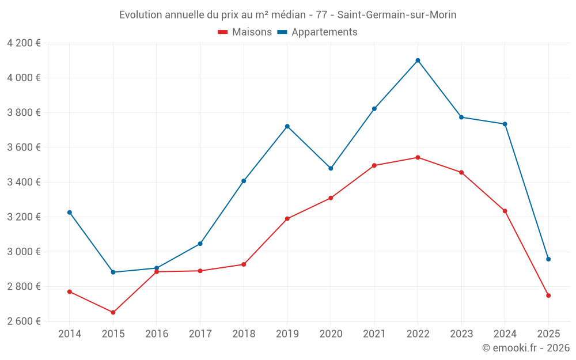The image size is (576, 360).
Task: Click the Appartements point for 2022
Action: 418,60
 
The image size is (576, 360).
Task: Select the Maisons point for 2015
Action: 113,312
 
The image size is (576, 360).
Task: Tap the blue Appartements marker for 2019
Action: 287,126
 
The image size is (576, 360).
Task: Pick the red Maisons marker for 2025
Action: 548,295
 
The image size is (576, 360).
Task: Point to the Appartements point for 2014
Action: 70,213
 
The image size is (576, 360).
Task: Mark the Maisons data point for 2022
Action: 418,157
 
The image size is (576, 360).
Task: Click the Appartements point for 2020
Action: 331,168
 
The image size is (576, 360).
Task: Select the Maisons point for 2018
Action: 244,264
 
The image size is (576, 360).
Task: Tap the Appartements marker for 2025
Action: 548,259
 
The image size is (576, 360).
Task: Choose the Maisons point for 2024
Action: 505,211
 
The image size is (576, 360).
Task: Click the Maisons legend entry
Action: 245,32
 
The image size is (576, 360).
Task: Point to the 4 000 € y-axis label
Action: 24,78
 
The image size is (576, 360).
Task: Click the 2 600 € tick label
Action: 24,321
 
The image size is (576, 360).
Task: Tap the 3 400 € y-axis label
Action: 24,182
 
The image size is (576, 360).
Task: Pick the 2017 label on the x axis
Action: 200,334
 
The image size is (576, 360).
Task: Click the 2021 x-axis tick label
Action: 374,334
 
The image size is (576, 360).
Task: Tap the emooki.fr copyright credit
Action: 526,348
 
